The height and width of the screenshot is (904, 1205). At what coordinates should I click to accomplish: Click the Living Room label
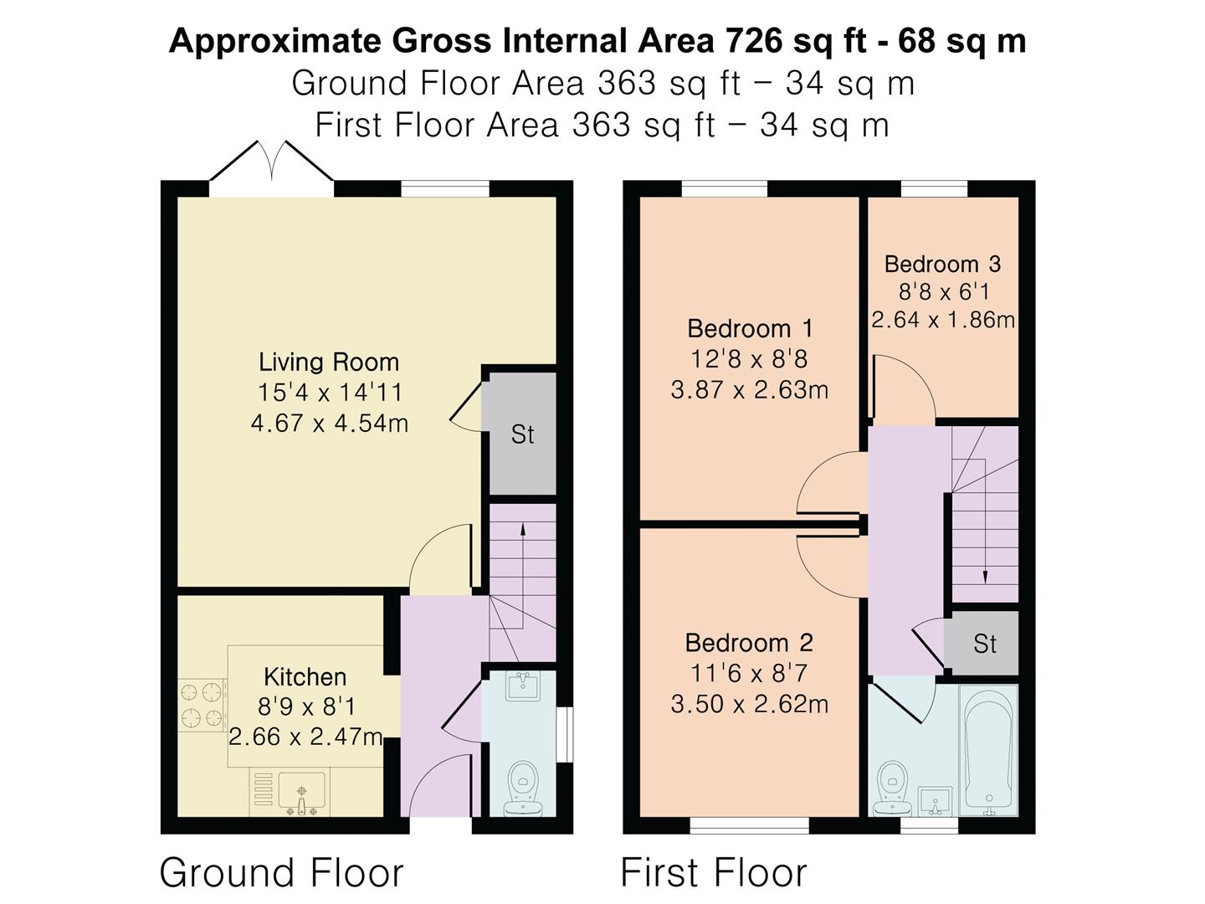(x=329, y=362)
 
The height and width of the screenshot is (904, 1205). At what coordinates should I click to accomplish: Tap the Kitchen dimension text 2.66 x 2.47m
(x=305, y=737)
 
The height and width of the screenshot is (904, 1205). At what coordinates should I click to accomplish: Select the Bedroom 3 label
(x=942, y=264)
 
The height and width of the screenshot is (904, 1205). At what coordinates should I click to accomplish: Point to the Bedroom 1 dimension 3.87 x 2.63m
(x=749, y=390)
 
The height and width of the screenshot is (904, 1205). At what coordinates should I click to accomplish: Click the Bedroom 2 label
(x=749, y=643)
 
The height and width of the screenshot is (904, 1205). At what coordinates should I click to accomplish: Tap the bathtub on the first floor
(x=988, y=751)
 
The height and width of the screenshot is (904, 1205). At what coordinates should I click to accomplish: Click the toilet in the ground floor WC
(x=523, y=788)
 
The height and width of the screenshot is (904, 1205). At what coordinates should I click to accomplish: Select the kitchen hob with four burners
(x=202, y=706)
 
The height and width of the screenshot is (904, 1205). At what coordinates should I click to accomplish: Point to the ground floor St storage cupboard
(x=523, y=434)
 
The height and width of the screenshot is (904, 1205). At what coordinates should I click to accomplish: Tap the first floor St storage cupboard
(x=985, y=644)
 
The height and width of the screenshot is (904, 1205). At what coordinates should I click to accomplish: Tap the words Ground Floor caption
(x=282, y=873)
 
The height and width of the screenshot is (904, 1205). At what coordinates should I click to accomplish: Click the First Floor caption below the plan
(x=714, y=873)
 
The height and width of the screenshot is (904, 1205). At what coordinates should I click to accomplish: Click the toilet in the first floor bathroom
(x=892, y=788)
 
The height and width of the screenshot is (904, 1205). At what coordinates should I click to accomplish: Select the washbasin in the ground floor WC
(x=523, y=686)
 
